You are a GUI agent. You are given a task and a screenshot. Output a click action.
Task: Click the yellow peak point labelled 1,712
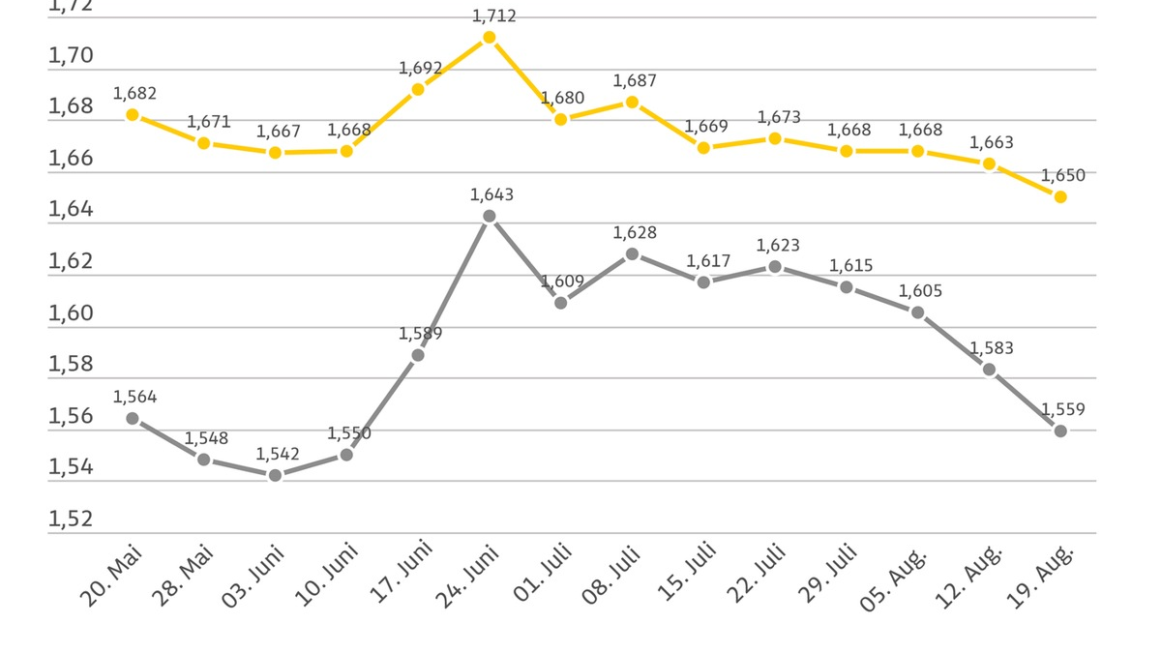click(x=489, y=38)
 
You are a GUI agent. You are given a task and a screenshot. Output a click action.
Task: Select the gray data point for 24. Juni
click(x=489, y=217)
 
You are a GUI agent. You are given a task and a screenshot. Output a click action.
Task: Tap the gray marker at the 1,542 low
click(x=275, y=475)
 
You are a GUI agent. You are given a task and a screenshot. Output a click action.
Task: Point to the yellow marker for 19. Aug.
click(x=1060, y=196)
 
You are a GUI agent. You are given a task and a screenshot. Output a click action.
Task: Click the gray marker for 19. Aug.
click(x=1060, y=430)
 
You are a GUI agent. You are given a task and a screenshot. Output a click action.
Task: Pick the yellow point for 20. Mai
click(x=133, y=114)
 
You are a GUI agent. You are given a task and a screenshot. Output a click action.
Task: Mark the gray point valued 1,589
click(x=418, y=355)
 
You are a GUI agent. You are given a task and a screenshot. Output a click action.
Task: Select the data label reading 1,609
click(x=562, y=282)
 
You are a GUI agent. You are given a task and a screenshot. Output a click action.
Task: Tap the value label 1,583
click(x=992, y=348)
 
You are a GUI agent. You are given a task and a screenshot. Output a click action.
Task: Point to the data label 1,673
click(x=779, y=117)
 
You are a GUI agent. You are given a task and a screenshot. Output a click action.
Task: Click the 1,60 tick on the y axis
click(x=71, y=313)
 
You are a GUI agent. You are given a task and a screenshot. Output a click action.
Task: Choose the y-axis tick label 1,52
click(x=71, y=519)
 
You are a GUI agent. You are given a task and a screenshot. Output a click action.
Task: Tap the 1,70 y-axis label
click(x=71, y=56)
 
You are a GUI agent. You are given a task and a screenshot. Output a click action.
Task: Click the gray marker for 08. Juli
click(x=632, y=253)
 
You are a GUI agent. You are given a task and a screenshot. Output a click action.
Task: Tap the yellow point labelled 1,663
click(x=989, y=163)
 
